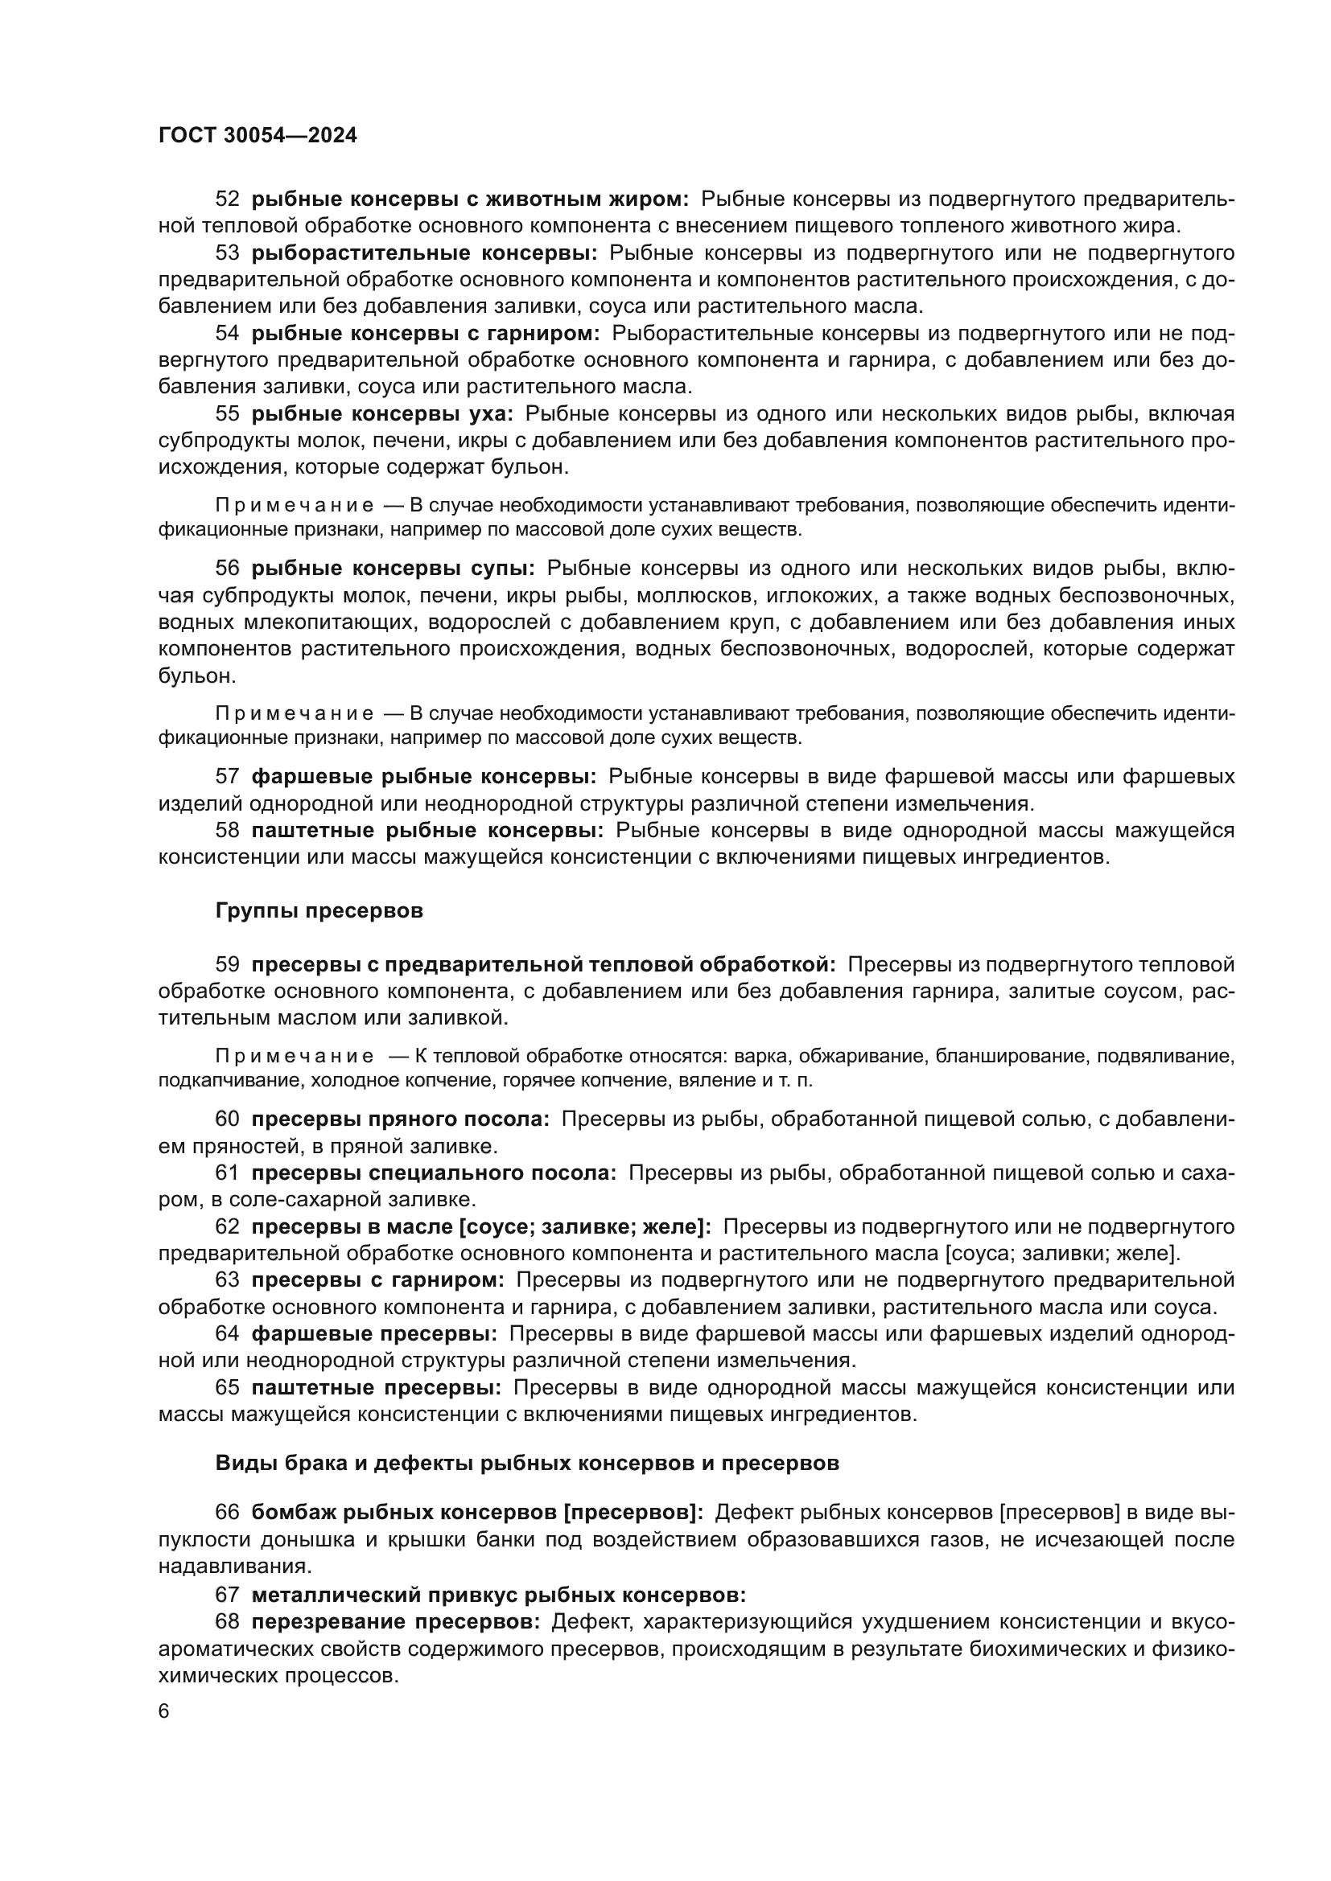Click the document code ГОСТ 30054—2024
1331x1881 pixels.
258,136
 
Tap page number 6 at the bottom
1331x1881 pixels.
164,1711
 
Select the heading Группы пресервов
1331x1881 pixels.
319,911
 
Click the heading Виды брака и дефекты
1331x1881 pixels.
527,1463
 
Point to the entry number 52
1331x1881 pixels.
227,199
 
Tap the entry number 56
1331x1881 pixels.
227,569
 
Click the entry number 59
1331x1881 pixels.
227,965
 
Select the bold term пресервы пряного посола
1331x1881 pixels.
400,1119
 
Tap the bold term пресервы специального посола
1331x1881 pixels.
434,1173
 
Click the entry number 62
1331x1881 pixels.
227,1227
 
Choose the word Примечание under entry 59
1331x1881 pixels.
295,1056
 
